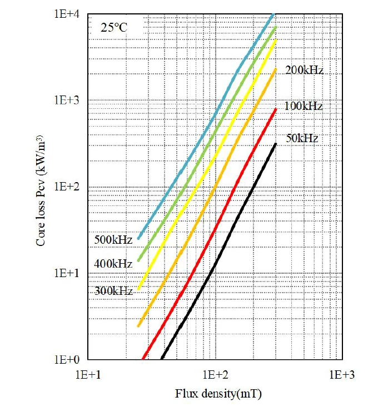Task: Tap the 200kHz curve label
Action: (304, 71)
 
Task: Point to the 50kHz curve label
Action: (302, 138)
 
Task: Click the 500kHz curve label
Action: (113, 240)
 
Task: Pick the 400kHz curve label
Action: (113, 264)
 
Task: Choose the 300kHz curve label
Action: (113, 290)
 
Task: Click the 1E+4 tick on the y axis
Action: (68, 14)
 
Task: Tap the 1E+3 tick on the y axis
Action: (68, 101)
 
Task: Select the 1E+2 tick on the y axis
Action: (68, 187)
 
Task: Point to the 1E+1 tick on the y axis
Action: (68, 273)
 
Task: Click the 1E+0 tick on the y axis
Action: (68, 359)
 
